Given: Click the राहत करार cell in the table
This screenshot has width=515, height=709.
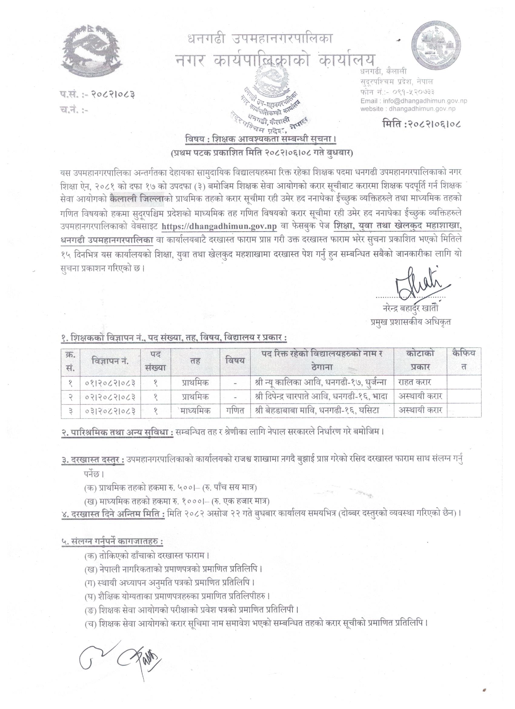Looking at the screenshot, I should [415, 382].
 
